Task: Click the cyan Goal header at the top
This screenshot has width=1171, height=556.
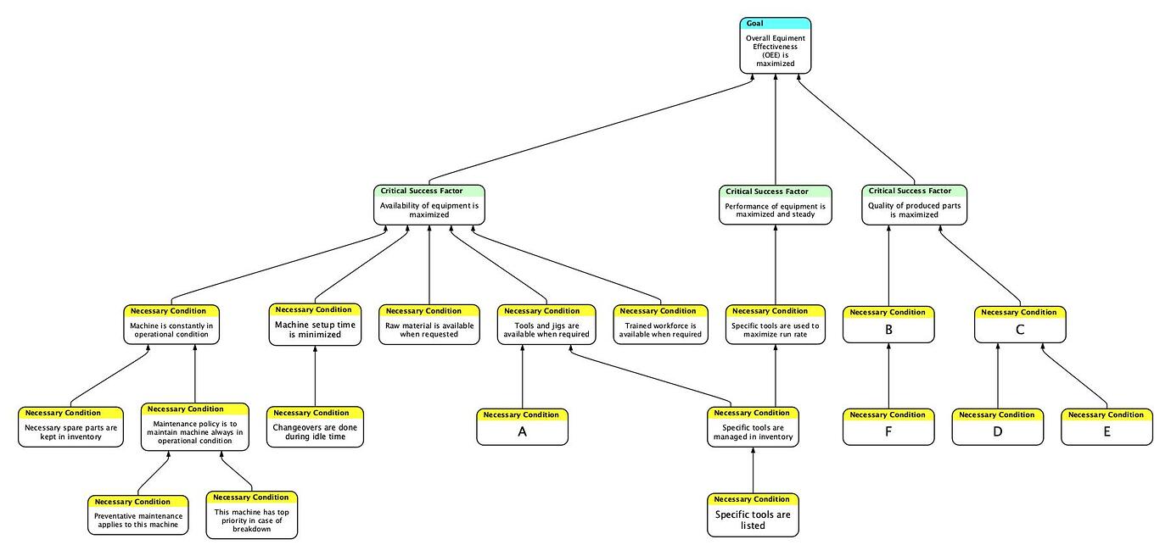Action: click(x=775, y=24)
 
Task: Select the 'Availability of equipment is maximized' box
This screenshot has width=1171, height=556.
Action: click(x=429, y=209)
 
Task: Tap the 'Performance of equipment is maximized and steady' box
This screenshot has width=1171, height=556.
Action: click(x=775, y=209)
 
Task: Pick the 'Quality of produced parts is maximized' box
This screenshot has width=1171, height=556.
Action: click(x=914, y=209)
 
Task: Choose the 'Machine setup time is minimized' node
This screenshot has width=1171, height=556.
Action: click(x=315, y=330)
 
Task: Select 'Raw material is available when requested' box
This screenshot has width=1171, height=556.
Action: click(x=429, y=330)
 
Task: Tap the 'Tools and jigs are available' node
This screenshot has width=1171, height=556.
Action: click(x=546, y=330)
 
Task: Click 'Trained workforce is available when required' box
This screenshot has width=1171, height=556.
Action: click(x=660, y=330)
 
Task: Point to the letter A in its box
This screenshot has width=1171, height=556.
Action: click(x=522, y=432)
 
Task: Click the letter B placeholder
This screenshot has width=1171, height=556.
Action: click(x=888, y=330)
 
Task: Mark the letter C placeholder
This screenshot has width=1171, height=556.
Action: click(x=1020, y=330)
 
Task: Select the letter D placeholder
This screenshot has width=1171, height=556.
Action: click(x=997, y=432)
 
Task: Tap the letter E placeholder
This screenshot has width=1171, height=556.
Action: click(x=1107, y=432)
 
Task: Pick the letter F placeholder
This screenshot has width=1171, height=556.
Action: click(x=888, y=432)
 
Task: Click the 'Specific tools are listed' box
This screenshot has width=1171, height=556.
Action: click(x=753, y=520)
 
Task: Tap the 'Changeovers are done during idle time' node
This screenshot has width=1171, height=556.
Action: click(x=315, y=432)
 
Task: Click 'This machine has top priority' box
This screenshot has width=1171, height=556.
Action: click(x=252, y=520)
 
